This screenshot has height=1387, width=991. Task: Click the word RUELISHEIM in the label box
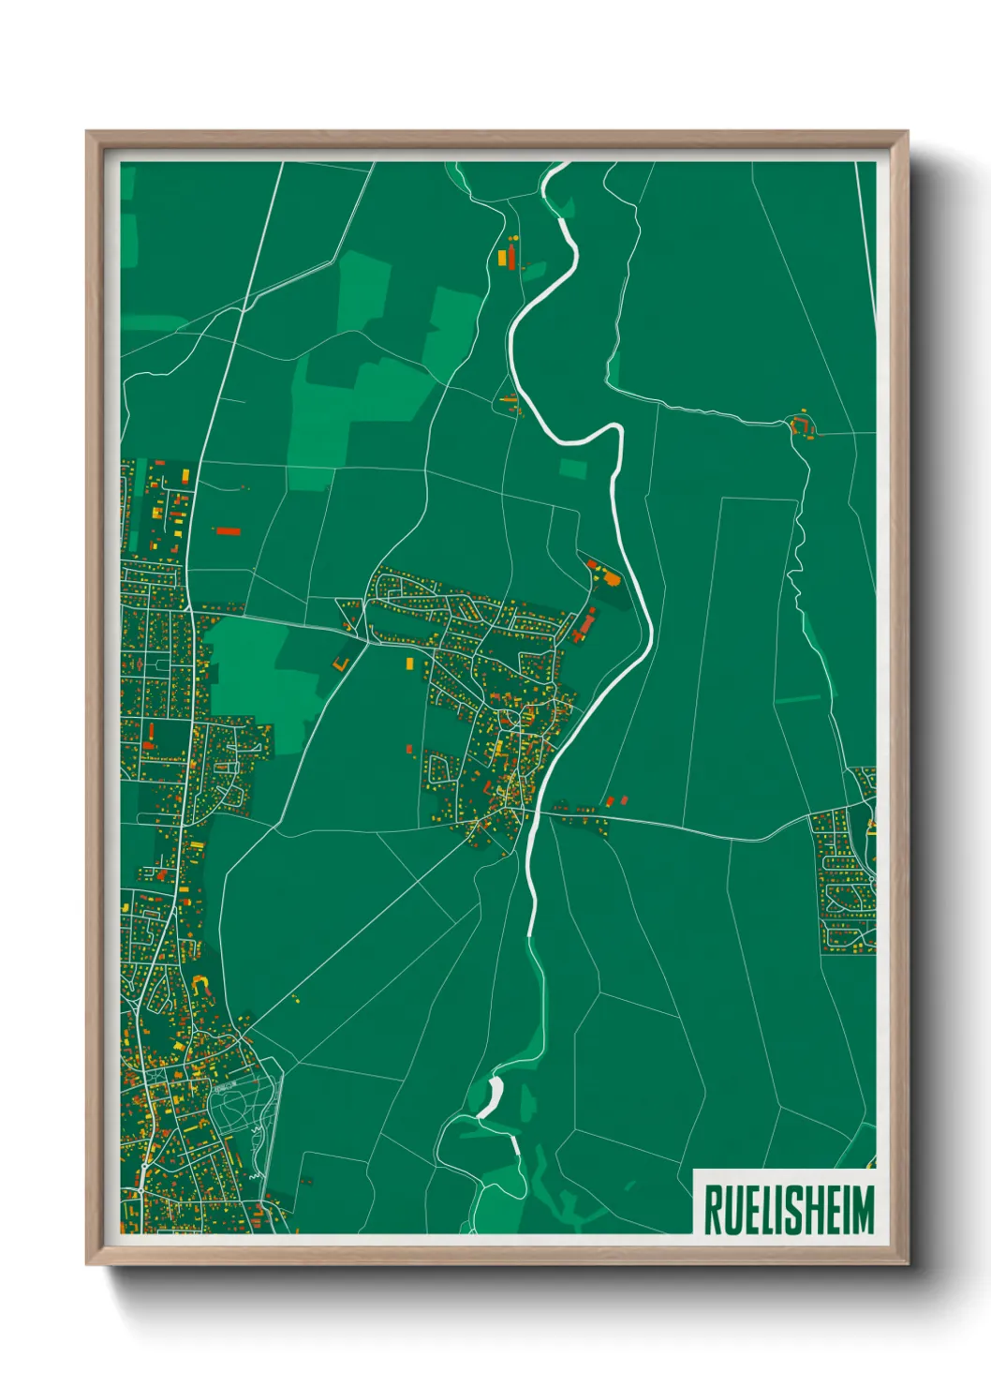(x=788, y=1210)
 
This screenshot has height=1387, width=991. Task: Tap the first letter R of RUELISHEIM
(x=711, y=1210)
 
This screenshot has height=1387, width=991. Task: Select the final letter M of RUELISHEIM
(x=864, y=1210)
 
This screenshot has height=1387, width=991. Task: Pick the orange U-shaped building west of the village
(x=341, y=663)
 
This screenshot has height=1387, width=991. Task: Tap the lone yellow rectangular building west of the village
(x=409, y=663)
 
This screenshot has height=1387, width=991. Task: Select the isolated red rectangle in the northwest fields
(x=229, y=531)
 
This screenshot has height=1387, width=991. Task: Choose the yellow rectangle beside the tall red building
(x=503, y=256)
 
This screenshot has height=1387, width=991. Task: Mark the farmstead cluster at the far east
(x=802, y=425)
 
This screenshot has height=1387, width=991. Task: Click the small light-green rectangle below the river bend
(x=573, y=468)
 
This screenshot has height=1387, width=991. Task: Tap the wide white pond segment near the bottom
(x=491, y=1096)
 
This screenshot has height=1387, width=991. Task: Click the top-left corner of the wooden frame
(x=88, y=133)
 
